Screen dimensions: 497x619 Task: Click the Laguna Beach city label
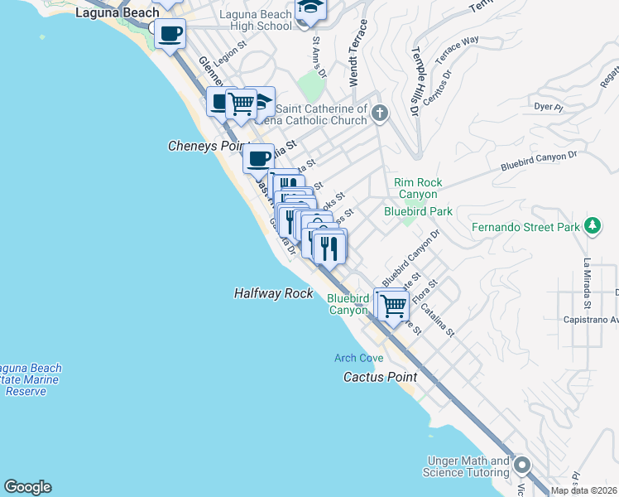pos(117,12)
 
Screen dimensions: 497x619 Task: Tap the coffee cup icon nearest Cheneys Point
pos(259,157)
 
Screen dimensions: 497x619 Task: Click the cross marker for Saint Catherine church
pos(380,113)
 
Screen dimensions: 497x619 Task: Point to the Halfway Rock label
pos(273,293)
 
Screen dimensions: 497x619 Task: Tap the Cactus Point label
pos(380,377)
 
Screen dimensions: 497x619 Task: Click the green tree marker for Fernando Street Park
pos(592,226)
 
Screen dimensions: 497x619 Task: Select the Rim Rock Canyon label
pos(418,188)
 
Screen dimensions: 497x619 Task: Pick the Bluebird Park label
pos(418,211)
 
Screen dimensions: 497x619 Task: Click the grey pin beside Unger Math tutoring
pos(521,466)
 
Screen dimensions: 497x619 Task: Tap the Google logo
pos(27,487)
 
